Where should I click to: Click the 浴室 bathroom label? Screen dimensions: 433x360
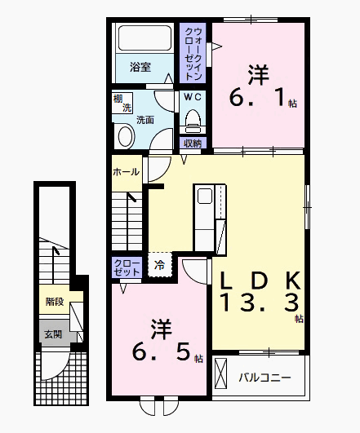pos(140,68)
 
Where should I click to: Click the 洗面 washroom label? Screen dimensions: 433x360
pos(145,120)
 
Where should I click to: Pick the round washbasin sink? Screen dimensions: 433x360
pos(125,136)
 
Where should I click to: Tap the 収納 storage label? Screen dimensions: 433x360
pos(193,144)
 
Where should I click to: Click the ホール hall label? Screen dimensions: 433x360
pos(125,172)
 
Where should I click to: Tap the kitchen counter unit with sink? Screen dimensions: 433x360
pos(204,219)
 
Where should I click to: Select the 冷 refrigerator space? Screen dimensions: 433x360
pos(160,264)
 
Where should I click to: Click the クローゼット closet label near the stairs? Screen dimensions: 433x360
pos(127,268)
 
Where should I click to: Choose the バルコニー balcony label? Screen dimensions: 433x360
pos(264,378)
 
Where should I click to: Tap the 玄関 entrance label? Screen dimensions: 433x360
pos(53,333)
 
